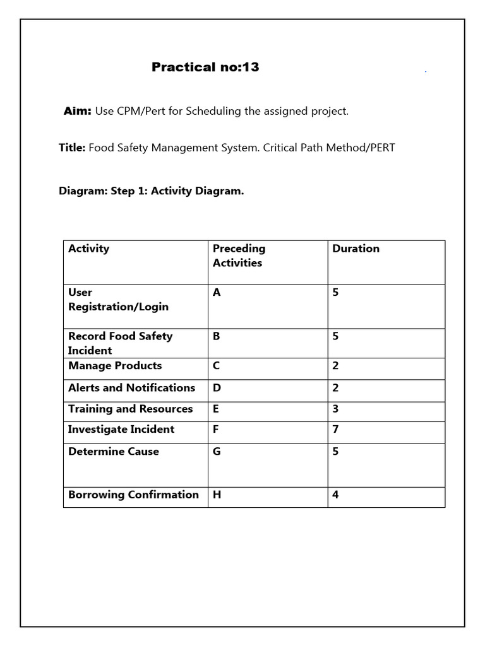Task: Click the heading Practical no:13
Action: (x=205, y=67)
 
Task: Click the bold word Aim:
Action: (x=78, y=111)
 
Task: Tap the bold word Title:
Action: (x=72, y=148)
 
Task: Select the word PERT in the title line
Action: (x=381, y=148)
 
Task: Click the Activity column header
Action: (x=89, y=249)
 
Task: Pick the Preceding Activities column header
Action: (x=239, y=255)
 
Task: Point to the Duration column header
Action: (x=356, y=249)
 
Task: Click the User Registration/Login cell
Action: (x=118, y=300)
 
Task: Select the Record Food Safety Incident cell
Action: (x=120, y=343)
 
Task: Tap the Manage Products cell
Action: (x=115, y=366)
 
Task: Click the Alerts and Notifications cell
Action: (x=131, y=388)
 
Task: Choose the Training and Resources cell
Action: (x=130, y=409)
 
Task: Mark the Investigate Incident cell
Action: (x=121, y=430)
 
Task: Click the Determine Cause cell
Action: (x=114, y=452)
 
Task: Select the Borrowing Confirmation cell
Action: (x=133, y=495)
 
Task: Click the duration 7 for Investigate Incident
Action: (x=336, y=430)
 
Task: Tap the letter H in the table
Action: (x=217, y=495)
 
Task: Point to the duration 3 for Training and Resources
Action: (x=336, y=409)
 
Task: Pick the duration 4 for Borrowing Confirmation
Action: (x=336, y=495)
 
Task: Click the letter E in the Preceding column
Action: (x=216, y=409)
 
